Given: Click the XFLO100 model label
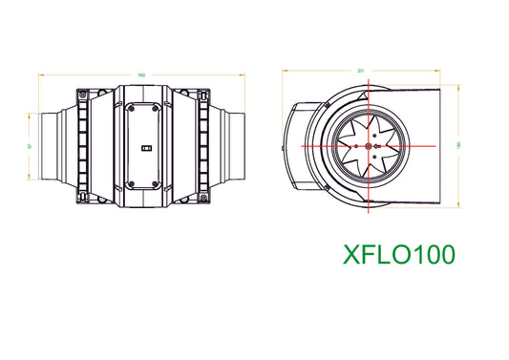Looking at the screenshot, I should tap(398, 254).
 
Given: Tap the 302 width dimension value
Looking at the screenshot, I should tap(141, 74).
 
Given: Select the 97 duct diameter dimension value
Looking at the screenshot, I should tap(31, 146).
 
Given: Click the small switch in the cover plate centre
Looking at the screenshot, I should tap(144, 148).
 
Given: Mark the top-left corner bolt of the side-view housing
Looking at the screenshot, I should tap(82, 95).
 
